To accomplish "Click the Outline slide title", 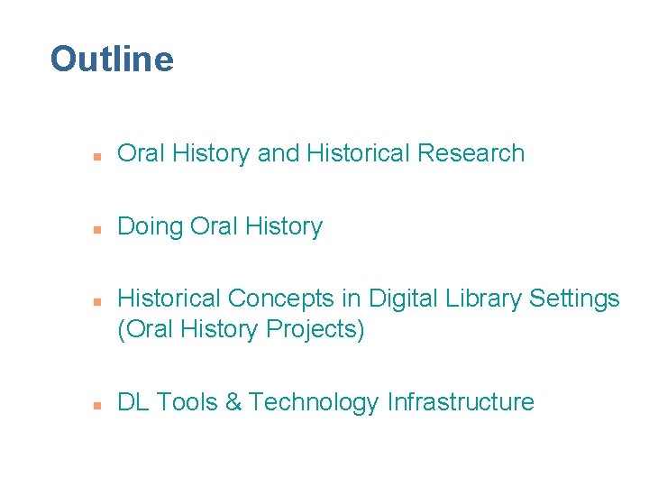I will (x=112, y=60).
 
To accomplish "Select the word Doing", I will (x=151, y=226).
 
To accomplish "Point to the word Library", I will (x=478, y=298).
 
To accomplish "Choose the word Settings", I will (x=572, y=298).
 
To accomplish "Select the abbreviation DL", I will (x=133, y=402).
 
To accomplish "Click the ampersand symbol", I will (x=233, y=402).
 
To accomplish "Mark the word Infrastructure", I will (x=461, y=402).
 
